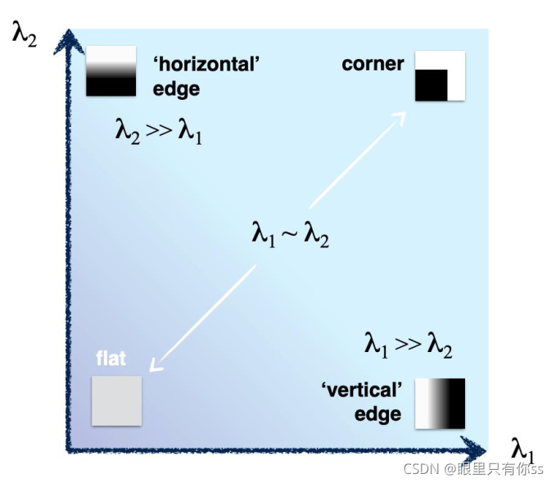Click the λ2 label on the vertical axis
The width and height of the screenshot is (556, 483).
25,35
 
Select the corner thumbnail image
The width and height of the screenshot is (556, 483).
439,76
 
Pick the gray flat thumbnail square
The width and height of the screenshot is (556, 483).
116,400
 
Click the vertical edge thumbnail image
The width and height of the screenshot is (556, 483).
440,404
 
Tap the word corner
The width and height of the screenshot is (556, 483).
373,64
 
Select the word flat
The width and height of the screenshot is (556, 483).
111,359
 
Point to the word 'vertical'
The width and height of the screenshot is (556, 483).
363,390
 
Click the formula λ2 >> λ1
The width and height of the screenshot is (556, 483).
158,130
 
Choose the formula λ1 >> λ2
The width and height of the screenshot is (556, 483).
408,345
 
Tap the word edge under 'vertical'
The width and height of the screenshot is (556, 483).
377,413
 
